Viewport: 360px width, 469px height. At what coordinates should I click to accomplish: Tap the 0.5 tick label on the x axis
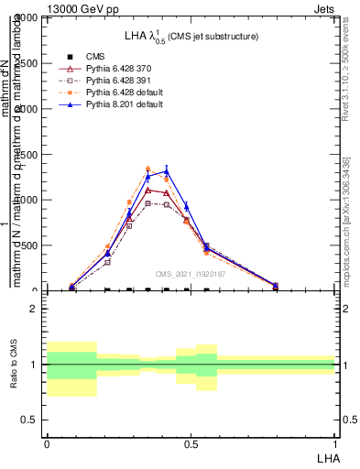pos(191,442)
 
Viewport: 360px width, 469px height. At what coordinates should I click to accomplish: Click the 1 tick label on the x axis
pos(334,442)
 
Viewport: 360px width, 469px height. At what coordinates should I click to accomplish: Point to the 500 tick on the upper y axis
pos(28,245)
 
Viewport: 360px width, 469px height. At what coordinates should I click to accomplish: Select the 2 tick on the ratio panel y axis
pos(34,309)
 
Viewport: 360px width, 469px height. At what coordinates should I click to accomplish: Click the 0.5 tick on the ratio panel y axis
pos(29,420)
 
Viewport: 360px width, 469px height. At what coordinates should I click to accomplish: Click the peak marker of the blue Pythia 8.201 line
pos(167,170)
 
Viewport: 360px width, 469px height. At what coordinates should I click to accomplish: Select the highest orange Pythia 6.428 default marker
pos(147,169)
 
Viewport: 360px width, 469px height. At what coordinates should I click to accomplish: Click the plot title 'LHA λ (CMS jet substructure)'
pos(191,36)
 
